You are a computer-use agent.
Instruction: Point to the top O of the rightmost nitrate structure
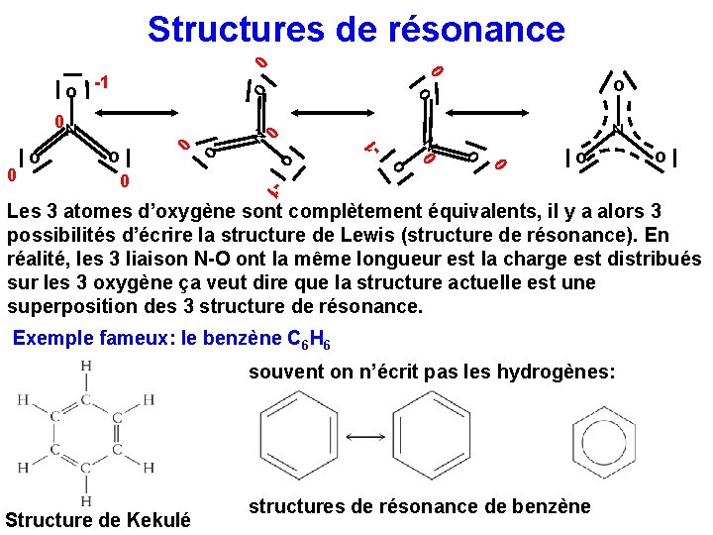pos(618,86)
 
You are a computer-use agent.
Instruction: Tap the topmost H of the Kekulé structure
pos(86,367)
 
